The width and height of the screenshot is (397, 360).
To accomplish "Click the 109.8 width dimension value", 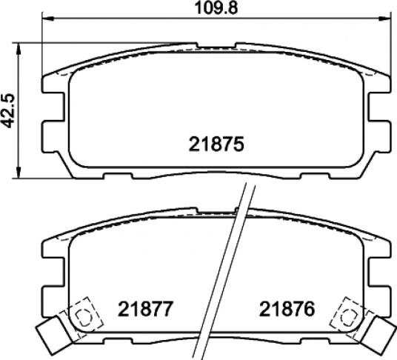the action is [216, 8].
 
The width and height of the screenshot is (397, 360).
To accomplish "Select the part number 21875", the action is [216, 144].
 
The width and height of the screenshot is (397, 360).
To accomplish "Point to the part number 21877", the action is [146, 309].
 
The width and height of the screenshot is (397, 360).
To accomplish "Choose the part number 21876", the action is [287, 309].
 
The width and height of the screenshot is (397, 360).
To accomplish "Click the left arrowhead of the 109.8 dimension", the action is [48, 19].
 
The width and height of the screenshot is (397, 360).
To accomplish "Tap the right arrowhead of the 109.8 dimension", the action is [384, 19].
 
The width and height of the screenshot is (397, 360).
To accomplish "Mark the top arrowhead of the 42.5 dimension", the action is [19, 49].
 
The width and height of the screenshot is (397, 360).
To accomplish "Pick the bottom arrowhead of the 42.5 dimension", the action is [19, 172].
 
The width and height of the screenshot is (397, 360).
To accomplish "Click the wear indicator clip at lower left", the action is [53, 332].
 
